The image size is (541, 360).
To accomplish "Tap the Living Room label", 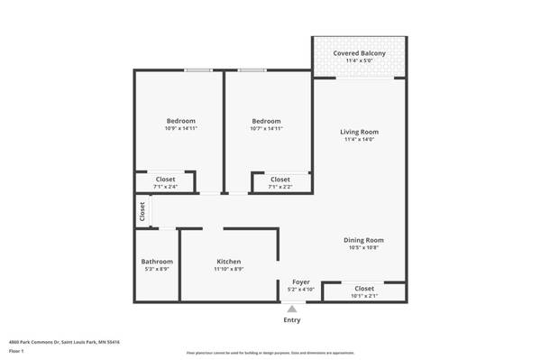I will click(x=358, y=133).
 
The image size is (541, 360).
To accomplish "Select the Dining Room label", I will click(x=363, y=240).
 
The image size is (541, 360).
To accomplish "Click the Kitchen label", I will click(x=228, y=261).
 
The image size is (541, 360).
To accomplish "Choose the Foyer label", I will click(x=300, y=282).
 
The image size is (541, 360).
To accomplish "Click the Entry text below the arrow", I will click(x=292, y=320).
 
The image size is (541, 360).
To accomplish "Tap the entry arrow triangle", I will click(x=292, y=309).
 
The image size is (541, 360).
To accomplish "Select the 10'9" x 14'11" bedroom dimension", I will click(x=180, y=129).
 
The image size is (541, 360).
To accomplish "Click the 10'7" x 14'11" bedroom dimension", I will click(x=266, y=129).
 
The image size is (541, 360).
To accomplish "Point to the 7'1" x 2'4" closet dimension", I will click(x=165, y=187).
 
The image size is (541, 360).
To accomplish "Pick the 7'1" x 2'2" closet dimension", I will click(x=280, y=187).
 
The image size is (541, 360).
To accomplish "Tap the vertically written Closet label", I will click(x=142, y=211).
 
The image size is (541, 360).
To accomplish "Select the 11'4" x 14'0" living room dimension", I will click(x=358, y=140).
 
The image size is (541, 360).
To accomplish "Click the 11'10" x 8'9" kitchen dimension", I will click(x=228, y=269).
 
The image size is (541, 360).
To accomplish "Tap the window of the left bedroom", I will click(x=197, y=70).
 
